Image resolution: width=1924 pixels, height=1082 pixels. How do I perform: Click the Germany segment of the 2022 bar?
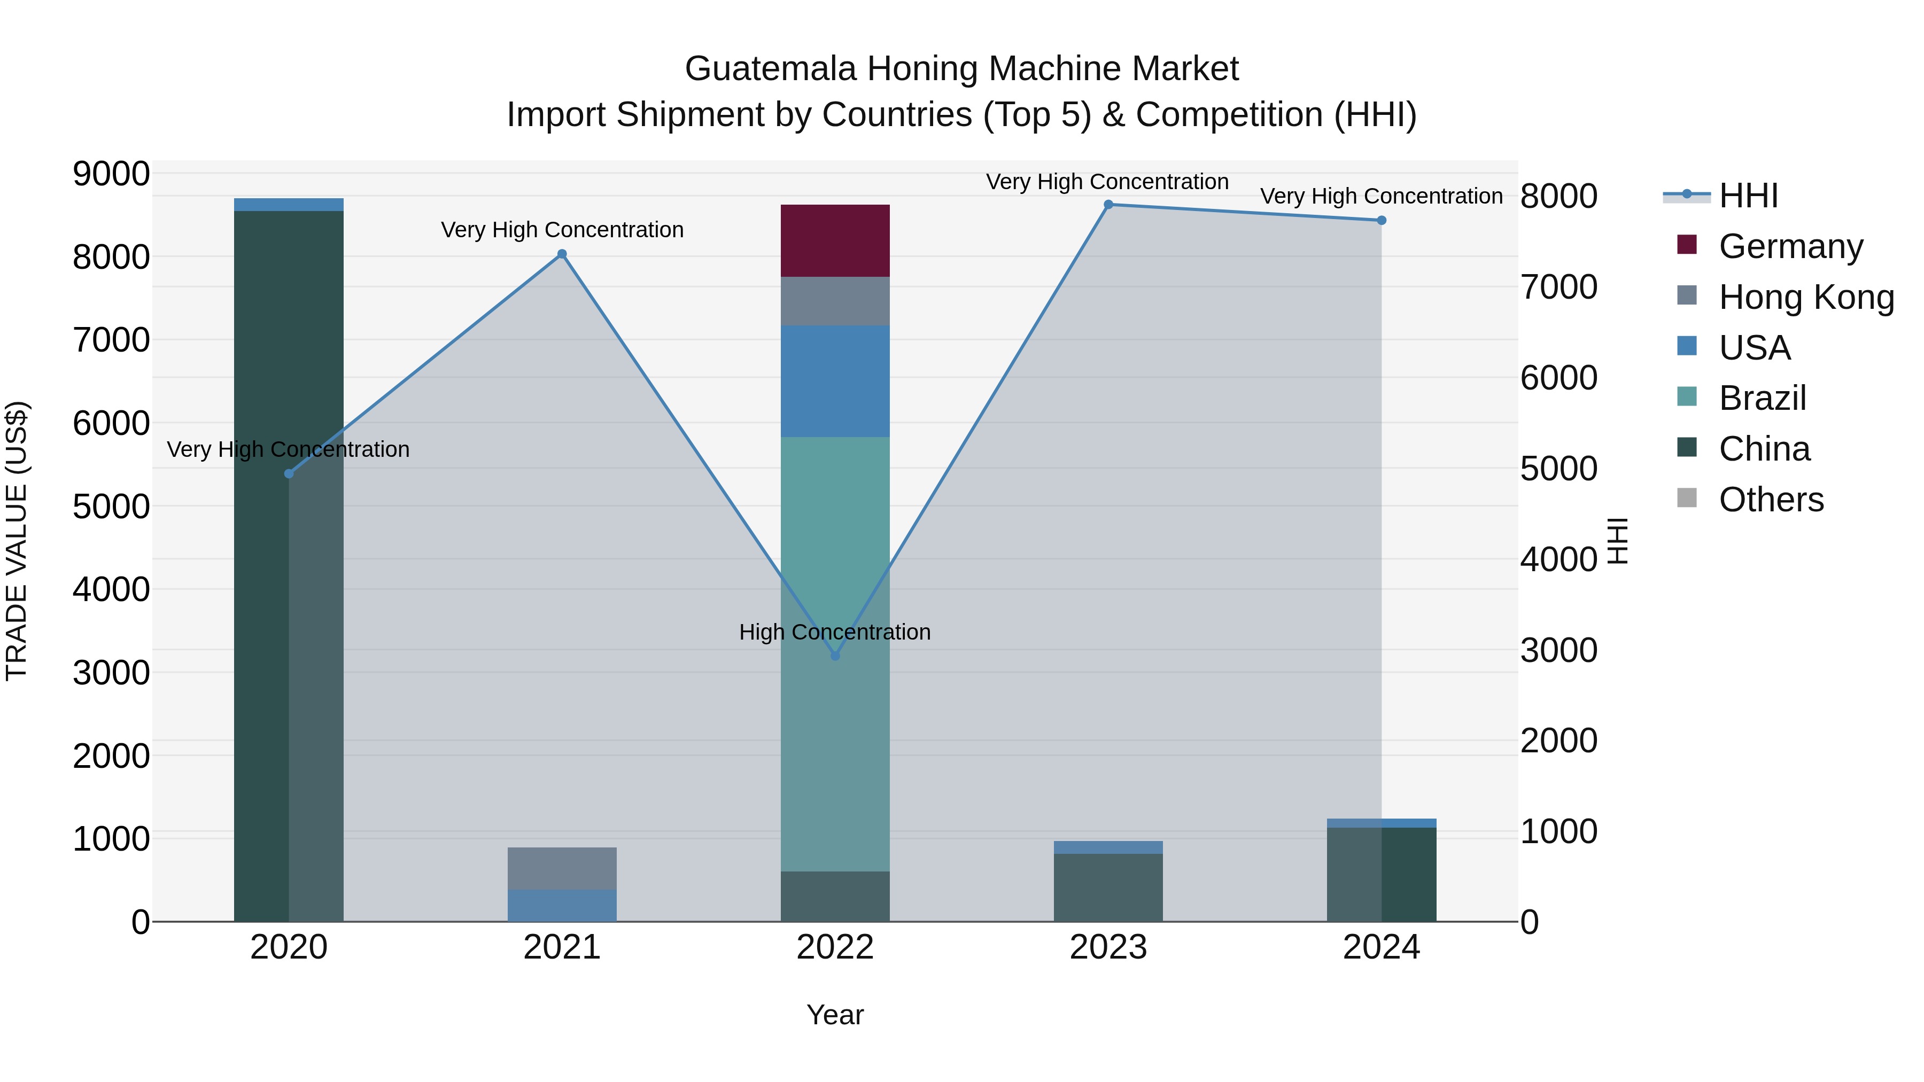835,240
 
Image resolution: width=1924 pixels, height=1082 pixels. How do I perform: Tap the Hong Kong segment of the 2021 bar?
562,868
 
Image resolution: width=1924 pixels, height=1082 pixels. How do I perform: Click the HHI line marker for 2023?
1108,205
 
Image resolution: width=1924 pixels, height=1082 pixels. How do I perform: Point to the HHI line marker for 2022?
835,656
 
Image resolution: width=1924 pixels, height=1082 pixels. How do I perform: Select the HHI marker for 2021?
562,254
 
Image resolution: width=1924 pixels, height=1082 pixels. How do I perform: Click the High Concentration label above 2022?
834,632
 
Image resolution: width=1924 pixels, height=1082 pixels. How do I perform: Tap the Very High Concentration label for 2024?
1381,197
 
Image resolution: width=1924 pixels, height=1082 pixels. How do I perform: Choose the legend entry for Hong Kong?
1805,297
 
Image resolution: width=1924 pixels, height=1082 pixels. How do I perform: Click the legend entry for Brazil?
1762,398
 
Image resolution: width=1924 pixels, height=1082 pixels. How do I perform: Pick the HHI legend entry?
1748,196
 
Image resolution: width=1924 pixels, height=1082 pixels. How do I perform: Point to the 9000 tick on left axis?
111,174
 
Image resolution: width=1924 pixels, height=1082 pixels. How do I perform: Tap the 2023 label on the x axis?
1108,947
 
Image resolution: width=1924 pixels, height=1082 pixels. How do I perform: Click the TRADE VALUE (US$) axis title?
17,541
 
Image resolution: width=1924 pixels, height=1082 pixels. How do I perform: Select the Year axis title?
835,1015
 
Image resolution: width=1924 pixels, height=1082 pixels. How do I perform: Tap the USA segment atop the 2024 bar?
1381,823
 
